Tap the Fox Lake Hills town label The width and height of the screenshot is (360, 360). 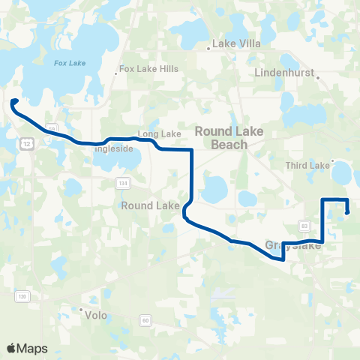tap(149, 68)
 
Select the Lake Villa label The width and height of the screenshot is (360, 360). tap(237, 43)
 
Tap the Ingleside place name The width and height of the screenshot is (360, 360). tap(113, 148)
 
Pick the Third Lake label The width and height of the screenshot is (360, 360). tap(307, 165)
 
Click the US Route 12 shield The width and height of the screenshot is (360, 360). tap(27, 143)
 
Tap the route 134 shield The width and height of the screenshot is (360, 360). tap(122, 184)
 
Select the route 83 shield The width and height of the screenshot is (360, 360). tap(304, 225)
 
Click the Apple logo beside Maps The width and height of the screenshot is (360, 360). tap(11, 348)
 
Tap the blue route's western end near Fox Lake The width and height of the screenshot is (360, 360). tap(14, 102)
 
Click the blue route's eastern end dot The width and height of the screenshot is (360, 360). tap(347, 212)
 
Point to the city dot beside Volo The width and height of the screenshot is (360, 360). tap(82, 309)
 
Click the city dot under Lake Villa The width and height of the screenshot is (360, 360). tap(209, 49)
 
